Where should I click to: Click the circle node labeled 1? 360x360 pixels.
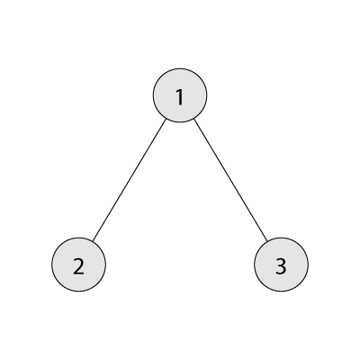tap(180, 95)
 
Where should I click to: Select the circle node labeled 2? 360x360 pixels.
tap(78, 265)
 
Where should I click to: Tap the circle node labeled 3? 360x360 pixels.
tap(281, 265)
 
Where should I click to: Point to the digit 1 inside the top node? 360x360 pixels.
tap(180, 97)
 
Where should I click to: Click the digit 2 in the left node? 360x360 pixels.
tap(78, 266)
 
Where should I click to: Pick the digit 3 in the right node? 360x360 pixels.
tap(281, 266)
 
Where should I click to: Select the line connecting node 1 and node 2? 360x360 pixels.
tap(130, 180)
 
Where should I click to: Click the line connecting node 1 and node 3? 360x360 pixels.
tap(230, 180)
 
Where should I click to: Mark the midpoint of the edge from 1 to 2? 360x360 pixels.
tap(130, 180)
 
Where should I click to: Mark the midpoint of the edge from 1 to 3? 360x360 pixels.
tap(230, 180)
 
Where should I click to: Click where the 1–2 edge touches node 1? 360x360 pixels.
tap(166, 119)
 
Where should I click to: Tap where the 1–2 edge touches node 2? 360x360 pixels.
tap(93, 241)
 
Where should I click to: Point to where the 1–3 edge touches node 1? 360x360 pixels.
tap(193, 119)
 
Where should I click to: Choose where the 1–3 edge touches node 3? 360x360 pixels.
tap(267, 241)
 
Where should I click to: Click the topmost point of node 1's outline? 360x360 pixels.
tap(180, 68)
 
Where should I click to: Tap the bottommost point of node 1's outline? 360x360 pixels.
tap(180, 122)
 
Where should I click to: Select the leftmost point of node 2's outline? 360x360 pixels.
tap(52, 265)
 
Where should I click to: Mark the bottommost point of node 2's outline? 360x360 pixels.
tap(78, 291)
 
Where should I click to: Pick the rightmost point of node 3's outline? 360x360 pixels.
tap(308, 265)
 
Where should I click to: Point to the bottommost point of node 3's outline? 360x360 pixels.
tap(281, 291)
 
